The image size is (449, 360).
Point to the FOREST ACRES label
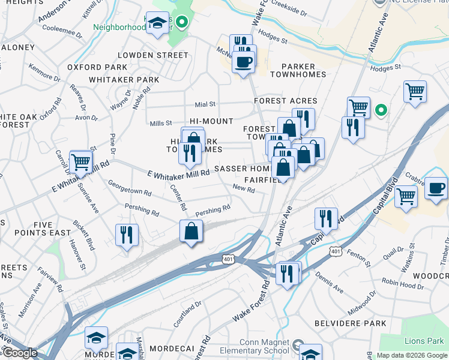coord(285,101)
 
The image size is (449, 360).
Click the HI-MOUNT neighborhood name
coord(211,121)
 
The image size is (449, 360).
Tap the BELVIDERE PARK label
coord(351,323)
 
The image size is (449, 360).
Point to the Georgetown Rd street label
coord(129,188)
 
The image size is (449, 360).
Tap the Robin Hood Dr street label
coord(402,284)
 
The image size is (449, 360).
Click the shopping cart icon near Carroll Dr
coord(80,161)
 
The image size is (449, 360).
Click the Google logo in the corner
coord(19,353)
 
